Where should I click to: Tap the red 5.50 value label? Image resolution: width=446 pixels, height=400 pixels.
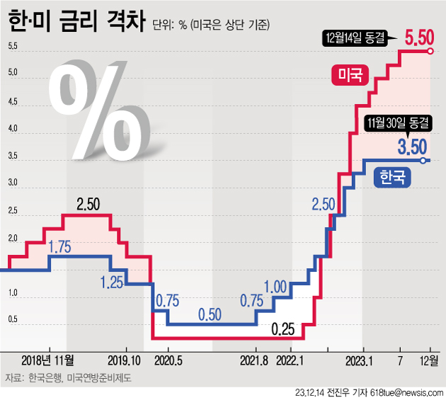click(419, 36)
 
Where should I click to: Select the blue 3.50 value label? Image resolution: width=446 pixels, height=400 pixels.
click(411, 147)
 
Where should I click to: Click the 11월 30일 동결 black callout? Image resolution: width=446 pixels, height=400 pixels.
click(397, 122)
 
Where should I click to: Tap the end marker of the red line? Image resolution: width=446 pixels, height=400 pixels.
click(430, 51)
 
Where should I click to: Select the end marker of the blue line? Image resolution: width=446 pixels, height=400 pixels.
click(423, 161)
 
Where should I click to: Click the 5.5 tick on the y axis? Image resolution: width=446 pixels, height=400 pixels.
click(13, 47)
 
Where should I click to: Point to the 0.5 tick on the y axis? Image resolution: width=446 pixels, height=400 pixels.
click(13, 320)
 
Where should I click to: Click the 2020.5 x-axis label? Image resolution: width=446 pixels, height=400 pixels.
click(168, 360)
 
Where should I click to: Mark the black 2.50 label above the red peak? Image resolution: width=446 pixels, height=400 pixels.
click(88, 205)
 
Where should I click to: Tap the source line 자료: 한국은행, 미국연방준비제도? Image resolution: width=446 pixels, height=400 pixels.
click(68, 378)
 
